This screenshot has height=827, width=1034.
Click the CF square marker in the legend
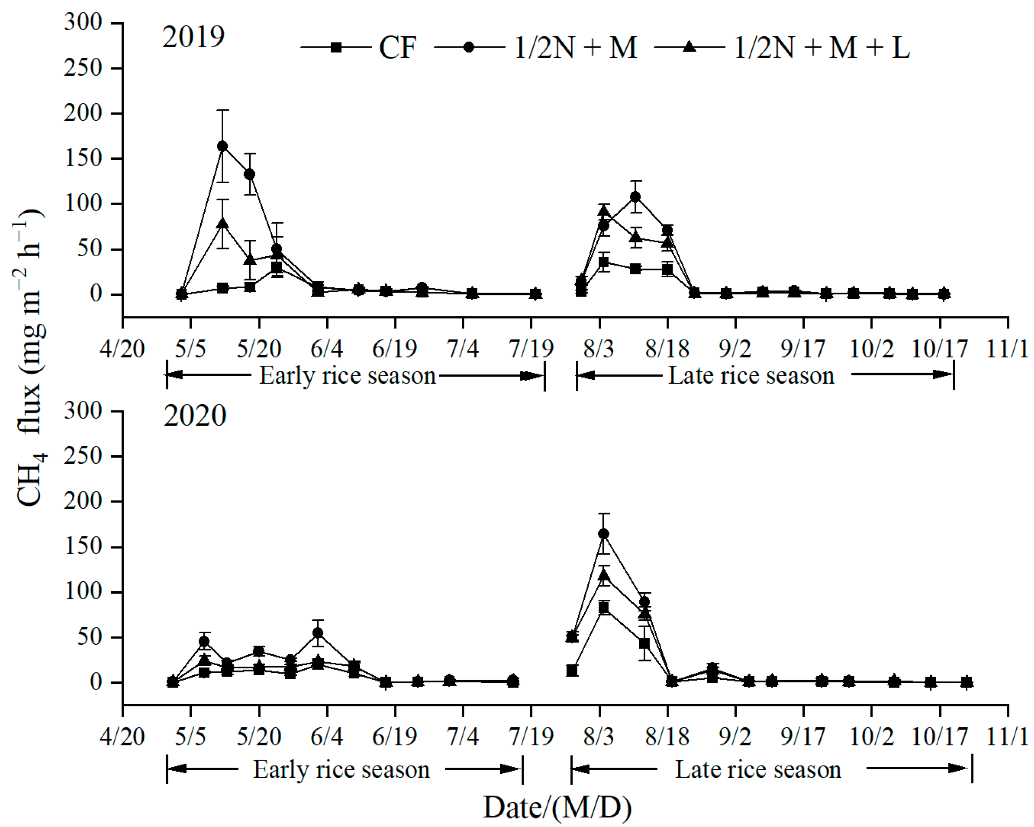coord(336,48)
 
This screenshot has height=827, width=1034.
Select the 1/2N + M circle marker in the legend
coord(469,48)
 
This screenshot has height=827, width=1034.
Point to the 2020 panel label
coord(195,416)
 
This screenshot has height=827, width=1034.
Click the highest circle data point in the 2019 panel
coord(222,146)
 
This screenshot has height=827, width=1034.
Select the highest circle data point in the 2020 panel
coord(604,534)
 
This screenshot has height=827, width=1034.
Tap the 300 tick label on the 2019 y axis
coord(83,22)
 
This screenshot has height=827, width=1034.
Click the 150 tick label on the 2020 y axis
coord(83,546)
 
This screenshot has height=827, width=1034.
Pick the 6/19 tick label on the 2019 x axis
coord(395,349)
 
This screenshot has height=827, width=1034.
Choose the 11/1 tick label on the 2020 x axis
coord(1007,737)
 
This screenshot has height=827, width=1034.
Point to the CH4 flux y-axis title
coord(30,357)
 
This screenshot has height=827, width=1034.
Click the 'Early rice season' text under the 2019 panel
coord(347,376)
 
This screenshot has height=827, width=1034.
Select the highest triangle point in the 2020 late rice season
coord(604,575)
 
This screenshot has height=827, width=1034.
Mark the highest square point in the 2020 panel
coord(604,608)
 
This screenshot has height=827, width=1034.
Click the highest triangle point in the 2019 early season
coord(222,224)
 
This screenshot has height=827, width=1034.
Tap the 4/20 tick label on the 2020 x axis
coord(122,737)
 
